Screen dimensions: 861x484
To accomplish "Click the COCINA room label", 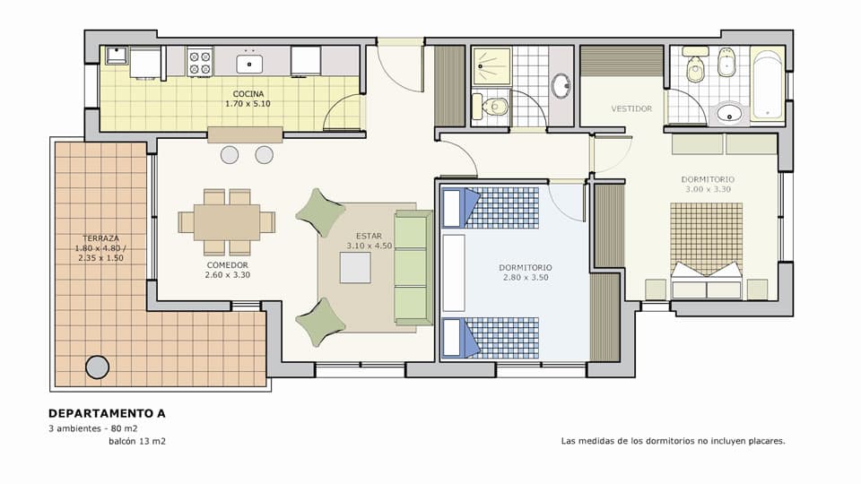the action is click(248, 94).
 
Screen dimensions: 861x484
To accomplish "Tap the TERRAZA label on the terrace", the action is click(100, 238).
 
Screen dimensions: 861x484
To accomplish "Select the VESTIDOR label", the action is click(631, 108).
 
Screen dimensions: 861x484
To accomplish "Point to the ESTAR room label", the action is click(369, 236).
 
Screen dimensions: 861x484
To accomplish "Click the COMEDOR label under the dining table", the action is click(227, 265).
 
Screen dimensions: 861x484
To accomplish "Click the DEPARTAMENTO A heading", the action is click(107, 413).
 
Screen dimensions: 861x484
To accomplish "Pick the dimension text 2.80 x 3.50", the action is click(526, 278).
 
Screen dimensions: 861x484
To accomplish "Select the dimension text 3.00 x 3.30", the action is click(708, 189).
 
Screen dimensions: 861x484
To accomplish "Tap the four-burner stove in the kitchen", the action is click(200, 62).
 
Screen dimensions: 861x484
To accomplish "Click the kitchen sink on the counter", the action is click(249, 65).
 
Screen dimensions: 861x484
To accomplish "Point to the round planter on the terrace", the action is click(97, 367).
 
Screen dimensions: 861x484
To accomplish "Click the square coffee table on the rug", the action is click(355, 268).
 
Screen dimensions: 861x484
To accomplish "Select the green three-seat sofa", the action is click(413, 268).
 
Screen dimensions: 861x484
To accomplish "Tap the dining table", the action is click(227, 222).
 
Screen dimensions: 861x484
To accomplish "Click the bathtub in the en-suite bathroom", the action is click(767, 84).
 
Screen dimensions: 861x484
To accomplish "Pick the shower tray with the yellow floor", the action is click(492, 65).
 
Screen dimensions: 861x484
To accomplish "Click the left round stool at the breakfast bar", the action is click(230, 155).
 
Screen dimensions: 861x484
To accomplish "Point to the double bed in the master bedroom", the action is click(707, 251).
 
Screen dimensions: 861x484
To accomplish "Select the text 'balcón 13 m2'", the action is click(137, 441).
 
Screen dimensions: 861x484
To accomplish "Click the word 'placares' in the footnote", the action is click(764, 441).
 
